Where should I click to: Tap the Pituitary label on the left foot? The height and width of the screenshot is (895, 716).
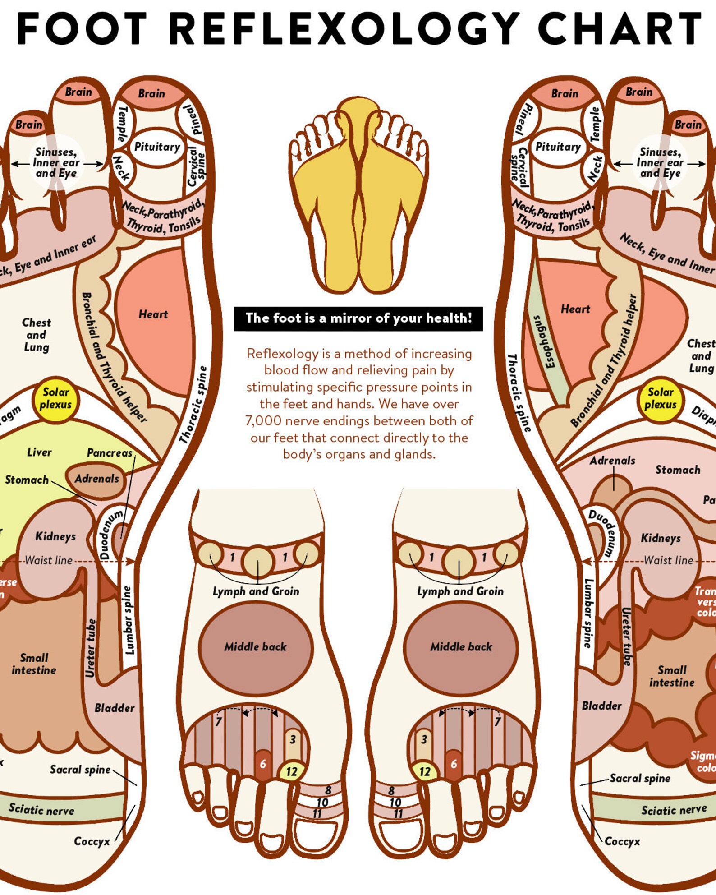[x=157, y=147]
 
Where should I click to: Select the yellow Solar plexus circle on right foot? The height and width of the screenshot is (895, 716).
[x=661, y=398]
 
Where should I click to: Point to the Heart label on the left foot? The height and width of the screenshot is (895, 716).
[x=153, y=314]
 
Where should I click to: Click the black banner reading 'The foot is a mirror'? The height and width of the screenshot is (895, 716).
[x=358, y=318]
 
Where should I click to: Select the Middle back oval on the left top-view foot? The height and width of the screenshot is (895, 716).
[x=255, y=647]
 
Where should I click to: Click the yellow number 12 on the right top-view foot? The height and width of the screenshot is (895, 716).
[x=424, y=771]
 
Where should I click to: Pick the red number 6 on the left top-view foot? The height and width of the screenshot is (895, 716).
[x=263, y=764]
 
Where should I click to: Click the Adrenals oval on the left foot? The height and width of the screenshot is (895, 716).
[x=96, y=479]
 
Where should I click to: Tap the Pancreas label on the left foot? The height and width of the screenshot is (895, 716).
[x=110, y=453]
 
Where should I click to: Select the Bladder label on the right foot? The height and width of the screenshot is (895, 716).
[x=601, y=706]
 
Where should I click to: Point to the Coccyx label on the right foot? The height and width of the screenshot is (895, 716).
[x=622, y=841]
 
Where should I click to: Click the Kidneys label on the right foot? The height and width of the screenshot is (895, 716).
[x=661, y=538]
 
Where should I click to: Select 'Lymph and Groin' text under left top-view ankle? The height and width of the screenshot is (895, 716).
[x=256, y=591]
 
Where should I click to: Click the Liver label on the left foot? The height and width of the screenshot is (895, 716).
[x=39, y=452]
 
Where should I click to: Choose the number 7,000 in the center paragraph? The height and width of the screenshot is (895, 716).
[x=261, y=421]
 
